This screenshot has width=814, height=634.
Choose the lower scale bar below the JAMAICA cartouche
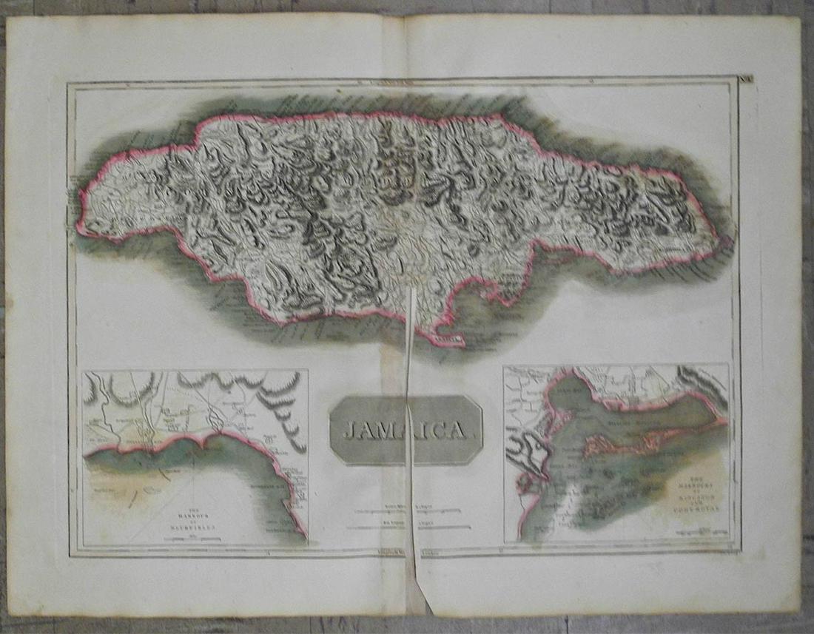coord(407,527)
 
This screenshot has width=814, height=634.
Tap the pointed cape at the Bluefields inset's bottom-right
coord(303,534)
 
